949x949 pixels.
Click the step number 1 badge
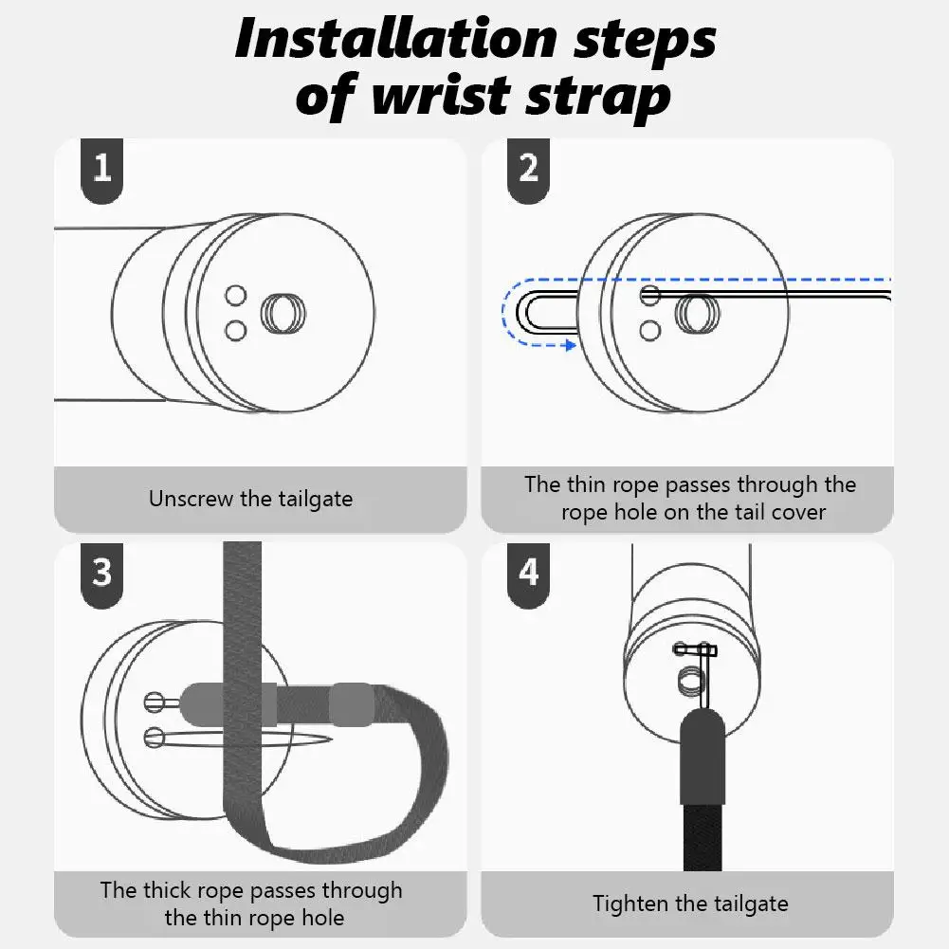pos(102,169)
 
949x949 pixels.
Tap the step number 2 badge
pos(529,169)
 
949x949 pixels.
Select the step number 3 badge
pos(102,573)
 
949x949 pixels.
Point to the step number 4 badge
pos(529,573)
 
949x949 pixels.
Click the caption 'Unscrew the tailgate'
pos(250,500)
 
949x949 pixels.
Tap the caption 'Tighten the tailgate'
pos(690,903)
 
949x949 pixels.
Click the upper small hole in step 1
pos(236,296)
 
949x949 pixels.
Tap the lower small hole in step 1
pos(236,329)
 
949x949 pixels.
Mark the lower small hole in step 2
pos(650,330)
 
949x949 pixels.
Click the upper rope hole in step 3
pos(155,703)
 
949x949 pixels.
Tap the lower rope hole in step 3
pos(155,737)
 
